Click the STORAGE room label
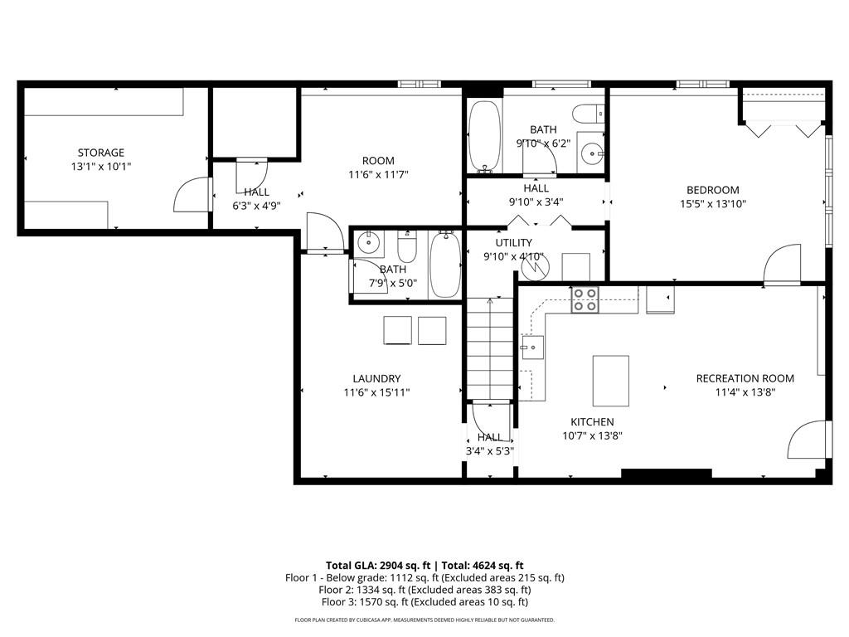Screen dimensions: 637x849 101,153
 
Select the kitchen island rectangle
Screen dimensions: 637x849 610,380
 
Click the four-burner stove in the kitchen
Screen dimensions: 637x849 585,300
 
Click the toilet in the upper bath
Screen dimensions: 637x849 589,114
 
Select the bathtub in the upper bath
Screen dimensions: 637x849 483,136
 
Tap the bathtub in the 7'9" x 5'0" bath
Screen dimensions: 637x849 445,264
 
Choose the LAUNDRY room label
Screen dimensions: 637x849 376,378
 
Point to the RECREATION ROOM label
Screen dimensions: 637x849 745,378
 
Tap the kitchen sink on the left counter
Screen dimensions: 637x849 531,344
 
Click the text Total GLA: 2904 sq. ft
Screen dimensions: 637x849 375,564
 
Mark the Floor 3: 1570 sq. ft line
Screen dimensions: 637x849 424,602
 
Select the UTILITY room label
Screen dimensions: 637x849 514,242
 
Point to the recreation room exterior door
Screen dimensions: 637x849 808,440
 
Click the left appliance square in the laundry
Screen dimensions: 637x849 397,330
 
